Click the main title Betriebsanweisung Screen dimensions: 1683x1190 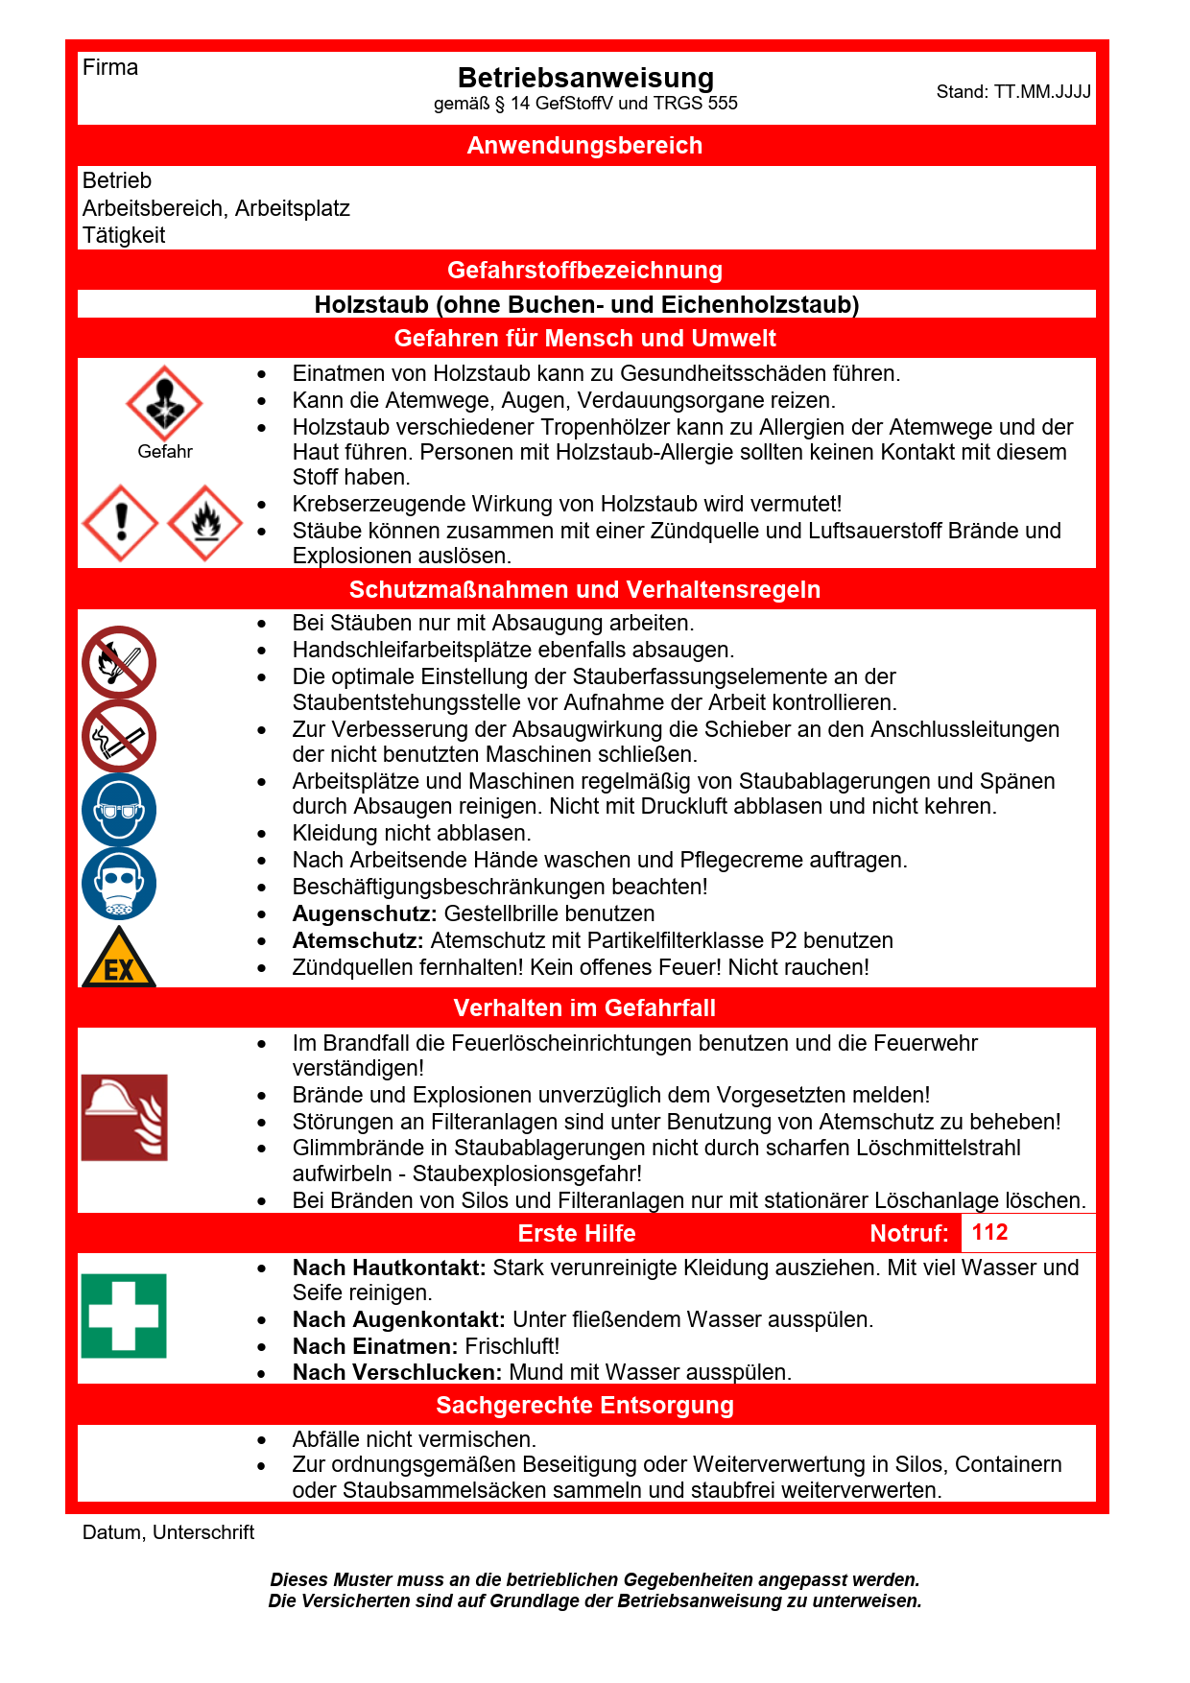click(x=585, y=78)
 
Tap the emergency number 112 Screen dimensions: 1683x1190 click(x=989, y=1233)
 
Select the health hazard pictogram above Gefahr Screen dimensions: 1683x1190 click(x=164, y=403)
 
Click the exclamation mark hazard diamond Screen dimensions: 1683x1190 click(x=121, y=523)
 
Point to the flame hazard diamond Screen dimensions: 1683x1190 click(x=205, y=523)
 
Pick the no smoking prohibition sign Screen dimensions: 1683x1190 click(x=119, y=737)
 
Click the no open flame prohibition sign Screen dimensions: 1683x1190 click(x=119, y=663)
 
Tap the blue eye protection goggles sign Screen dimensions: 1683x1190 click(x=119, y=811)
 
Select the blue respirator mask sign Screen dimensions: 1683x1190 click(x=119, y=884)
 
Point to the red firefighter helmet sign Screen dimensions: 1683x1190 click(x=125, y=1118)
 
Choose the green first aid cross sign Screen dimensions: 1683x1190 click(x=124, y=1316)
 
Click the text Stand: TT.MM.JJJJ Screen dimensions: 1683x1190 click(x=1013, y=92)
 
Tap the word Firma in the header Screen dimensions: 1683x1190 click(x=110, y=68)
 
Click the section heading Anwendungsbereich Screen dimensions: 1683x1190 click(x=584, y=146)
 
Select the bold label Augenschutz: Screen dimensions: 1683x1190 click(x=365, y=913)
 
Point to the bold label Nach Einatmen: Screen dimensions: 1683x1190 click(x=375, y=1346)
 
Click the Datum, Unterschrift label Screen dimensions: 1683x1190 click(x=168, y=1532)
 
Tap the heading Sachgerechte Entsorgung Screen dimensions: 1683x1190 click(x=584, y=1406)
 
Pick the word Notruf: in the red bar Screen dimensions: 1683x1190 click(x=909, y=1234)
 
